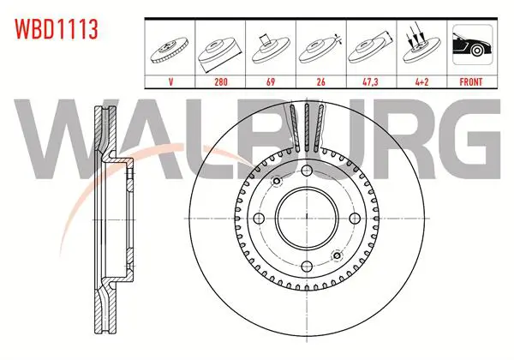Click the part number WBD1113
click(x=57, y=29)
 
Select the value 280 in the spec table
click(x=221, y=81)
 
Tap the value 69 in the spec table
click(x=271, y=81)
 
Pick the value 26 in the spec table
click(x=321, y=81)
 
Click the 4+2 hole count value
click(x=421, y=81)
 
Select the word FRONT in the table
click(x=471, y=81)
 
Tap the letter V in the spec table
click(x=170, y=81)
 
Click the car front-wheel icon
click(x=472, y=45)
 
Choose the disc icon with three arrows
click(x=421, y=45)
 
